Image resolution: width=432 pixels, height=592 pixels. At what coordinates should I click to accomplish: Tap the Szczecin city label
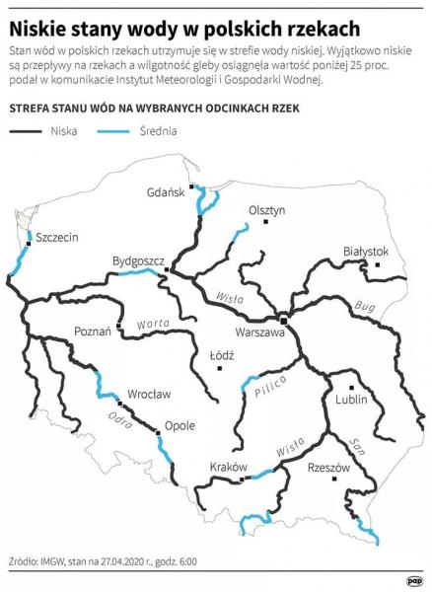pos(55,238)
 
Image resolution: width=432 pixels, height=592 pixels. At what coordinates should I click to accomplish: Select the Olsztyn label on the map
pos(266,210)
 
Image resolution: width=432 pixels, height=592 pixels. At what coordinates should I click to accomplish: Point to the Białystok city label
pos(366,252)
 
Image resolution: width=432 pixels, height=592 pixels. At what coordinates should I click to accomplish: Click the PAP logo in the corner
pos(413,580)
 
